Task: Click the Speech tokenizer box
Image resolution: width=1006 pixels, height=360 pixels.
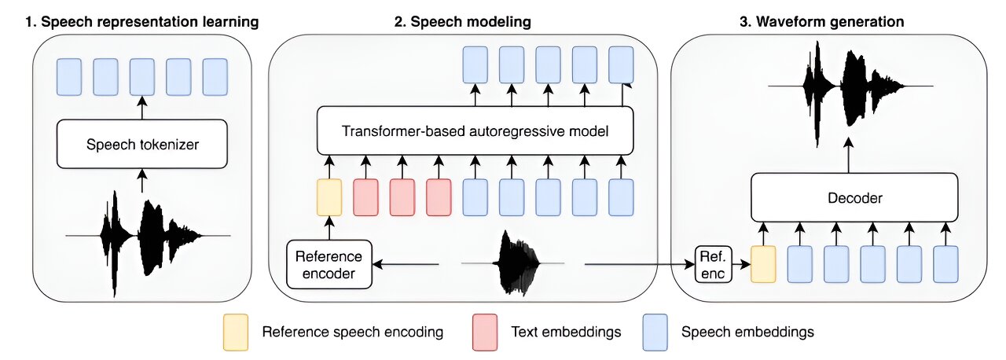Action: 142,144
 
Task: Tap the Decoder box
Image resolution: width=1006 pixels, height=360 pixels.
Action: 855,198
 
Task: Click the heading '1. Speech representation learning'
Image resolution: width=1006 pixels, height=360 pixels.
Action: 141,22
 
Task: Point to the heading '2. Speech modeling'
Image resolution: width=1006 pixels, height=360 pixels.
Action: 463,22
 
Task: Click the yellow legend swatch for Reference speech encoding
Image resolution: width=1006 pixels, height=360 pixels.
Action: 236,332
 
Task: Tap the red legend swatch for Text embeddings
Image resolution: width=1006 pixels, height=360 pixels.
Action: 485,332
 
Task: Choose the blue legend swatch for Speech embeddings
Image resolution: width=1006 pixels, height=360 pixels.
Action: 655,332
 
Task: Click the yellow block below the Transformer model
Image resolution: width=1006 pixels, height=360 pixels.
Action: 329,197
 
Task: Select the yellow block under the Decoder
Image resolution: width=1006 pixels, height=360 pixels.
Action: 763,264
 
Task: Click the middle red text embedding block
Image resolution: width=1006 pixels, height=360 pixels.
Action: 402,197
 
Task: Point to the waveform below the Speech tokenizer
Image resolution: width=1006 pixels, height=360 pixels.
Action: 148,233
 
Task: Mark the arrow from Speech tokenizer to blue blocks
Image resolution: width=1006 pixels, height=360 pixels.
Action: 142,107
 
